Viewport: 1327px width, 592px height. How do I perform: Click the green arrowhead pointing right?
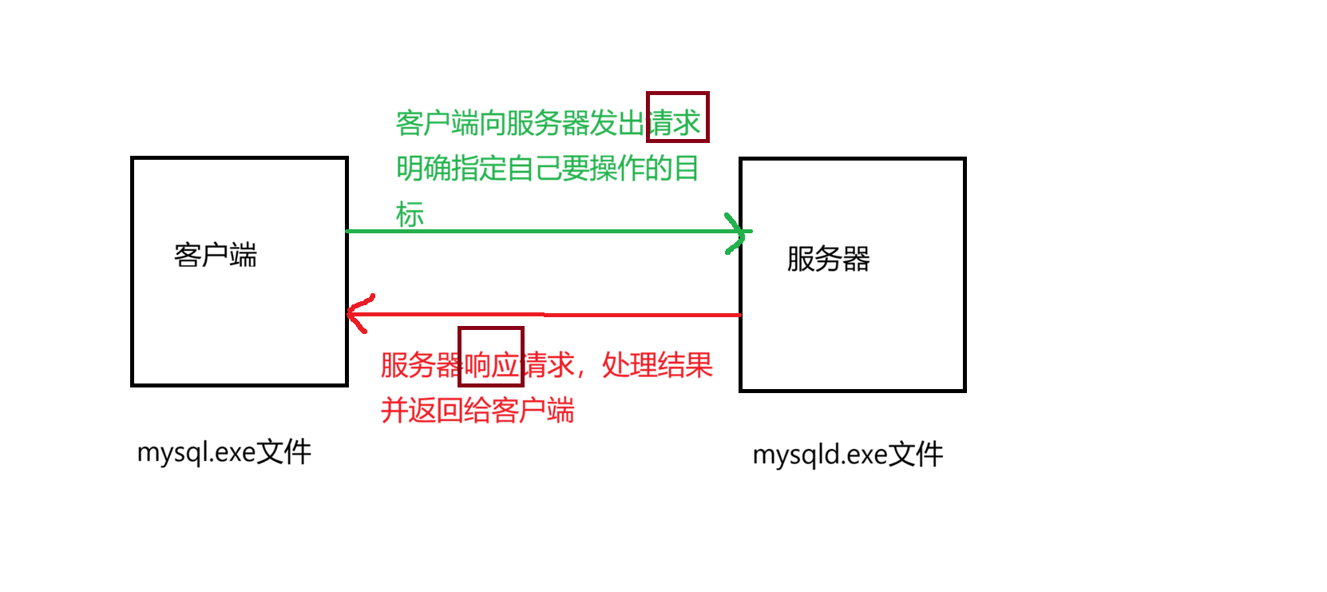pos(738,232)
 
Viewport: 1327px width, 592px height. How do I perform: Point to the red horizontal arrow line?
pos(551,315)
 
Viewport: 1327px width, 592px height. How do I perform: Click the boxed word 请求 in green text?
pos(677,122)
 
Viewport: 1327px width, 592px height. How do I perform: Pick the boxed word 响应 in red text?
pos(491,365)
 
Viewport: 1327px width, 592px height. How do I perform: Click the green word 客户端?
pos(437,123)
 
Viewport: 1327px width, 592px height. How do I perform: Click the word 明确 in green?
pos(423,169)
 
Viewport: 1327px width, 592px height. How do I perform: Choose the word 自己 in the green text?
pos(533,169)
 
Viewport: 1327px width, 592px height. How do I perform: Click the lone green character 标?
pos(410,214)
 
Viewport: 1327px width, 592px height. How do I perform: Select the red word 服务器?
pos(421,365)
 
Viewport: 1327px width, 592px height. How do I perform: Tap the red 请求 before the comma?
pos(548,365)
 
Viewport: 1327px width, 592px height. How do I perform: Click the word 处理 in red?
pos(629,365)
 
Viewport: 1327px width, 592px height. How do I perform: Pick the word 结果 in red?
pos(685,365)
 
